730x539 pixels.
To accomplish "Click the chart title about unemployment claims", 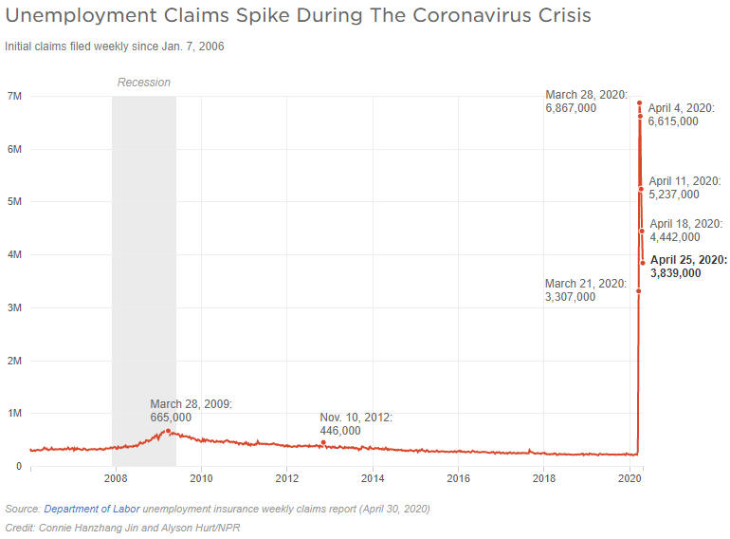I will tap(298, 16).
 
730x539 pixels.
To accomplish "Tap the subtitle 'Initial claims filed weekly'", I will tap(114, 46).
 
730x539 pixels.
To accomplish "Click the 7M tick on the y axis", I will tap(14, 96).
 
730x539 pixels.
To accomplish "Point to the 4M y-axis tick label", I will tap(14, 255).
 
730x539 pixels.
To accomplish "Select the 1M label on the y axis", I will tap(14, 414).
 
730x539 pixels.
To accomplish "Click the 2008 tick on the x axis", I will tap(116, 478).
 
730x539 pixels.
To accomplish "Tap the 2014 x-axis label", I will tap(373, 478).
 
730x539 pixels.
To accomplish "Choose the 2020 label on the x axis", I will tap(630, 478).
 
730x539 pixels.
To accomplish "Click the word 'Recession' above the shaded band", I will tap(144, 83).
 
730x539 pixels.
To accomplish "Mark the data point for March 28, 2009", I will tap(168, 431).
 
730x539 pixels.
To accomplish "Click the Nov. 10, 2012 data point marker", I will tap(323, 442).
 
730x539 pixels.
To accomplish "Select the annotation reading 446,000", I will tap(340, 431).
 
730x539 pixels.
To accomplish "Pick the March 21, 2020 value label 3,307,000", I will tap(571, 297).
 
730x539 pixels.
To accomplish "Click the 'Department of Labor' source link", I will tap(91, 509).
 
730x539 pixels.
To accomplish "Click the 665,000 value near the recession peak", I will tap(171, 418).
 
